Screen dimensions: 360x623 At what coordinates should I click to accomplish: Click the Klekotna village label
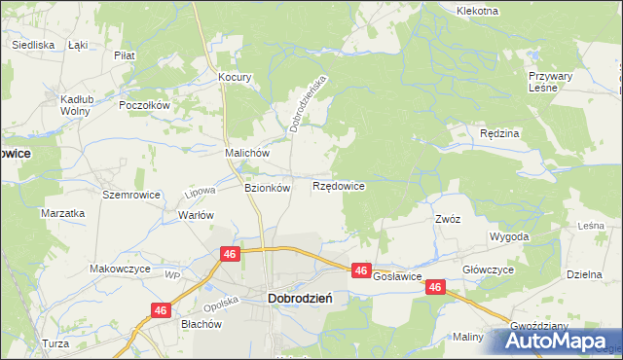(477, 11)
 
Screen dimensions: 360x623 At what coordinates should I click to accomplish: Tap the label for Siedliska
(32, 45)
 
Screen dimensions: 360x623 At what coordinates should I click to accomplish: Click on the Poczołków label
(144, 105)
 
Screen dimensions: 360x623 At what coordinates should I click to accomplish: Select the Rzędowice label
(339, 185)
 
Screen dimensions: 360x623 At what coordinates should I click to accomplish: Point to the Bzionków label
(267, 188)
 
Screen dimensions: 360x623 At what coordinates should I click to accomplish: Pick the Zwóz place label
(448, 219)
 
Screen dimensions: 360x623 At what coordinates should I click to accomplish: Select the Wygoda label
(509, 236)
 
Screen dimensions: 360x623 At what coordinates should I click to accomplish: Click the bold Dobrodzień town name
(300, 300)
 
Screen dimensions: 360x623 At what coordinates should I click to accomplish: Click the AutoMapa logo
(558, 341)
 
